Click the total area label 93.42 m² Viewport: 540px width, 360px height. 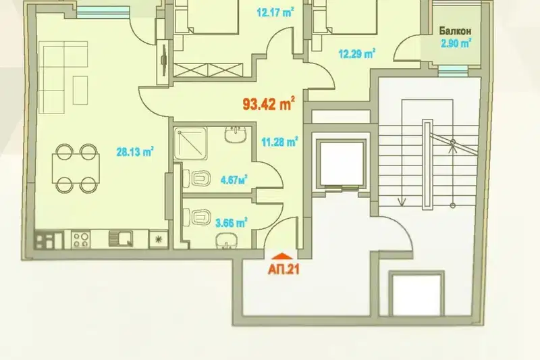click(x=269, y=104)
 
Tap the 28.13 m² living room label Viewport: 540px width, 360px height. click(x=135, y=151)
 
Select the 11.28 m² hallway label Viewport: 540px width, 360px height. click(x=279, y=142)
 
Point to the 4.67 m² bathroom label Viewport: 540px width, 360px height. click(x=234, y=180)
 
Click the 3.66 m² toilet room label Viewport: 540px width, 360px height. click(x=232, y=223)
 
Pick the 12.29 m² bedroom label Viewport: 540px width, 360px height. click(x=357, y=54)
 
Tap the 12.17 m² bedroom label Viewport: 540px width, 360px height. click(x=275, y=13)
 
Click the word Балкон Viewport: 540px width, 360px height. click(x=455, y=31)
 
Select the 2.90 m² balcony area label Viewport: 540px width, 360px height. click(x=456, y=44)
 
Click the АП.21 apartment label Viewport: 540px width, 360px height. click(x=283, y=269)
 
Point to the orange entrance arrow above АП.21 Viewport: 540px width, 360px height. click(x=282, y=256)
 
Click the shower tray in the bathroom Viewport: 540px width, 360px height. click(x=191, y=144)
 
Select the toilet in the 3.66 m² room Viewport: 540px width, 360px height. click(x=197, y=217)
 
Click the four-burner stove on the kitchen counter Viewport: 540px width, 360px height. click(x=81, y=239)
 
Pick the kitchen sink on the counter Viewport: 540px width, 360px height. click(x=121, y=238)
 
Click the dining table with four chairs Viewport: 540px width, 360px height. click(x=76, y=168)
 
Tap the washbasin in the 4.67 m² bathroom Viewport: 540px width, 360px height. click(x=236, y=134)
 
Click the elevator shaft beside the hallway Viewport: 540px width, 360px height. click(x=342, y=163)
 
